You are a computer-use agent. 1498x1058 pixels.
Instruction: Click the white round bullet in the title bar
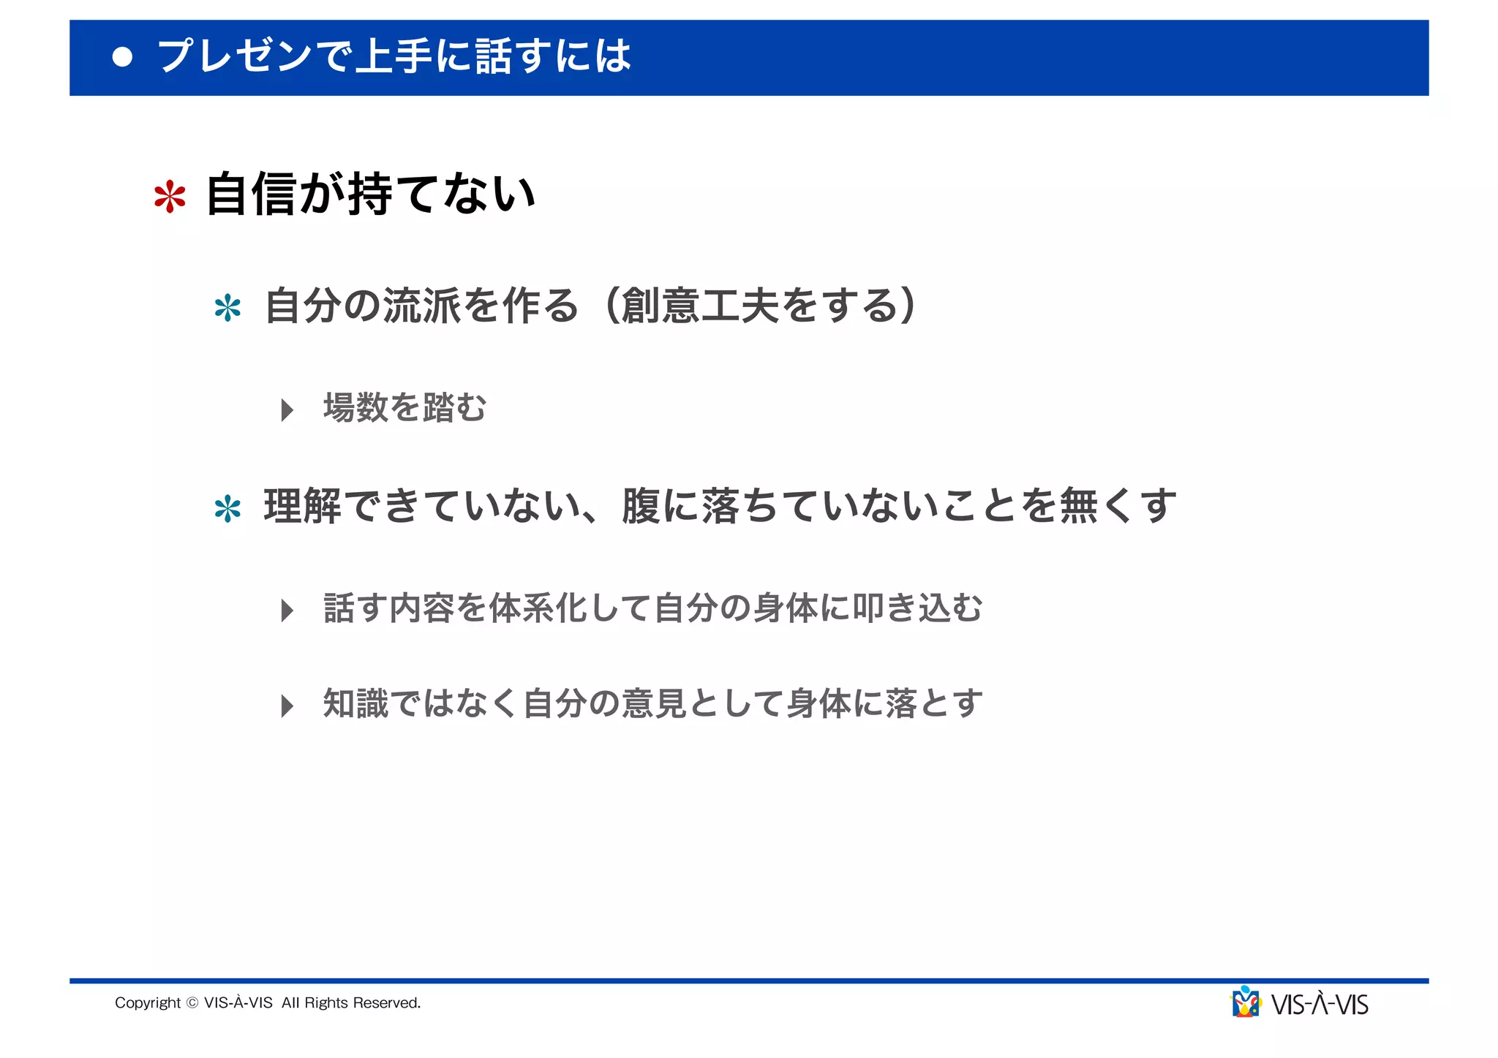click(x=123, y=57)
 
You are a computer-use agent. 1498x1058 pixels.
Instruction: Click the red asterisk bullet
click(x=170, y=197)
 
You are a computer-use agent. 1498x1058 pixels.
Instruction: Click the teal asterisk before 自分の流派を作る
click(x=227, y=308)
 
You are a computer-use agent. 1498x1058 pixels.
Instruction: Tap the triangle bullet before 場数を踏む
click(x=287, y=409)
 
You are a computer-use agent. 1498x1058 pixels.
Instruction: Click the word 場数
click(x=355, y=407)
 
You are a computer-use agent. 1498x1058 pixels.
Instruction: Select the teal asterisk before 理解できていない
click(x=227, y=509)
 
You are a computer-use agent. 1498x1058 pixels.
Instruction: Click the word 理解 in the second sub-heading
click(x=302, y=506)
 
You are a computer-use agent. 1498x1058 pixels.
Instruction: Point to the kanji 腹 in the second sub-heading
click(x=641, y=506)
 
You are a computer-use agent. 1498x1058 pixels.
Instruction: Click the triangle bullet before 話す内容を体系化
click(x=287, y=610)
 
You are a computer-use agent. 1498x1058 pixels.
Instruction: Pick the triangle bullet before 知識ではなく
click(x=287, y=706)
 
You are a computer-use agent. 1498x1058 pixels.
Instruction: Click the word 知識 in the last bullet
click(x=355, y=703)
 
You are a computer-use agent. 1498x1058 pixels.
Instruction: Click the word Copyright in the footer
click(x=148, y=1002)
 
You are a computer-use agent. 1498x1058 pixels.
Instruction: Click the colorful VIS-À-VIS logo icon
click(x=1246, y=1002)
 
